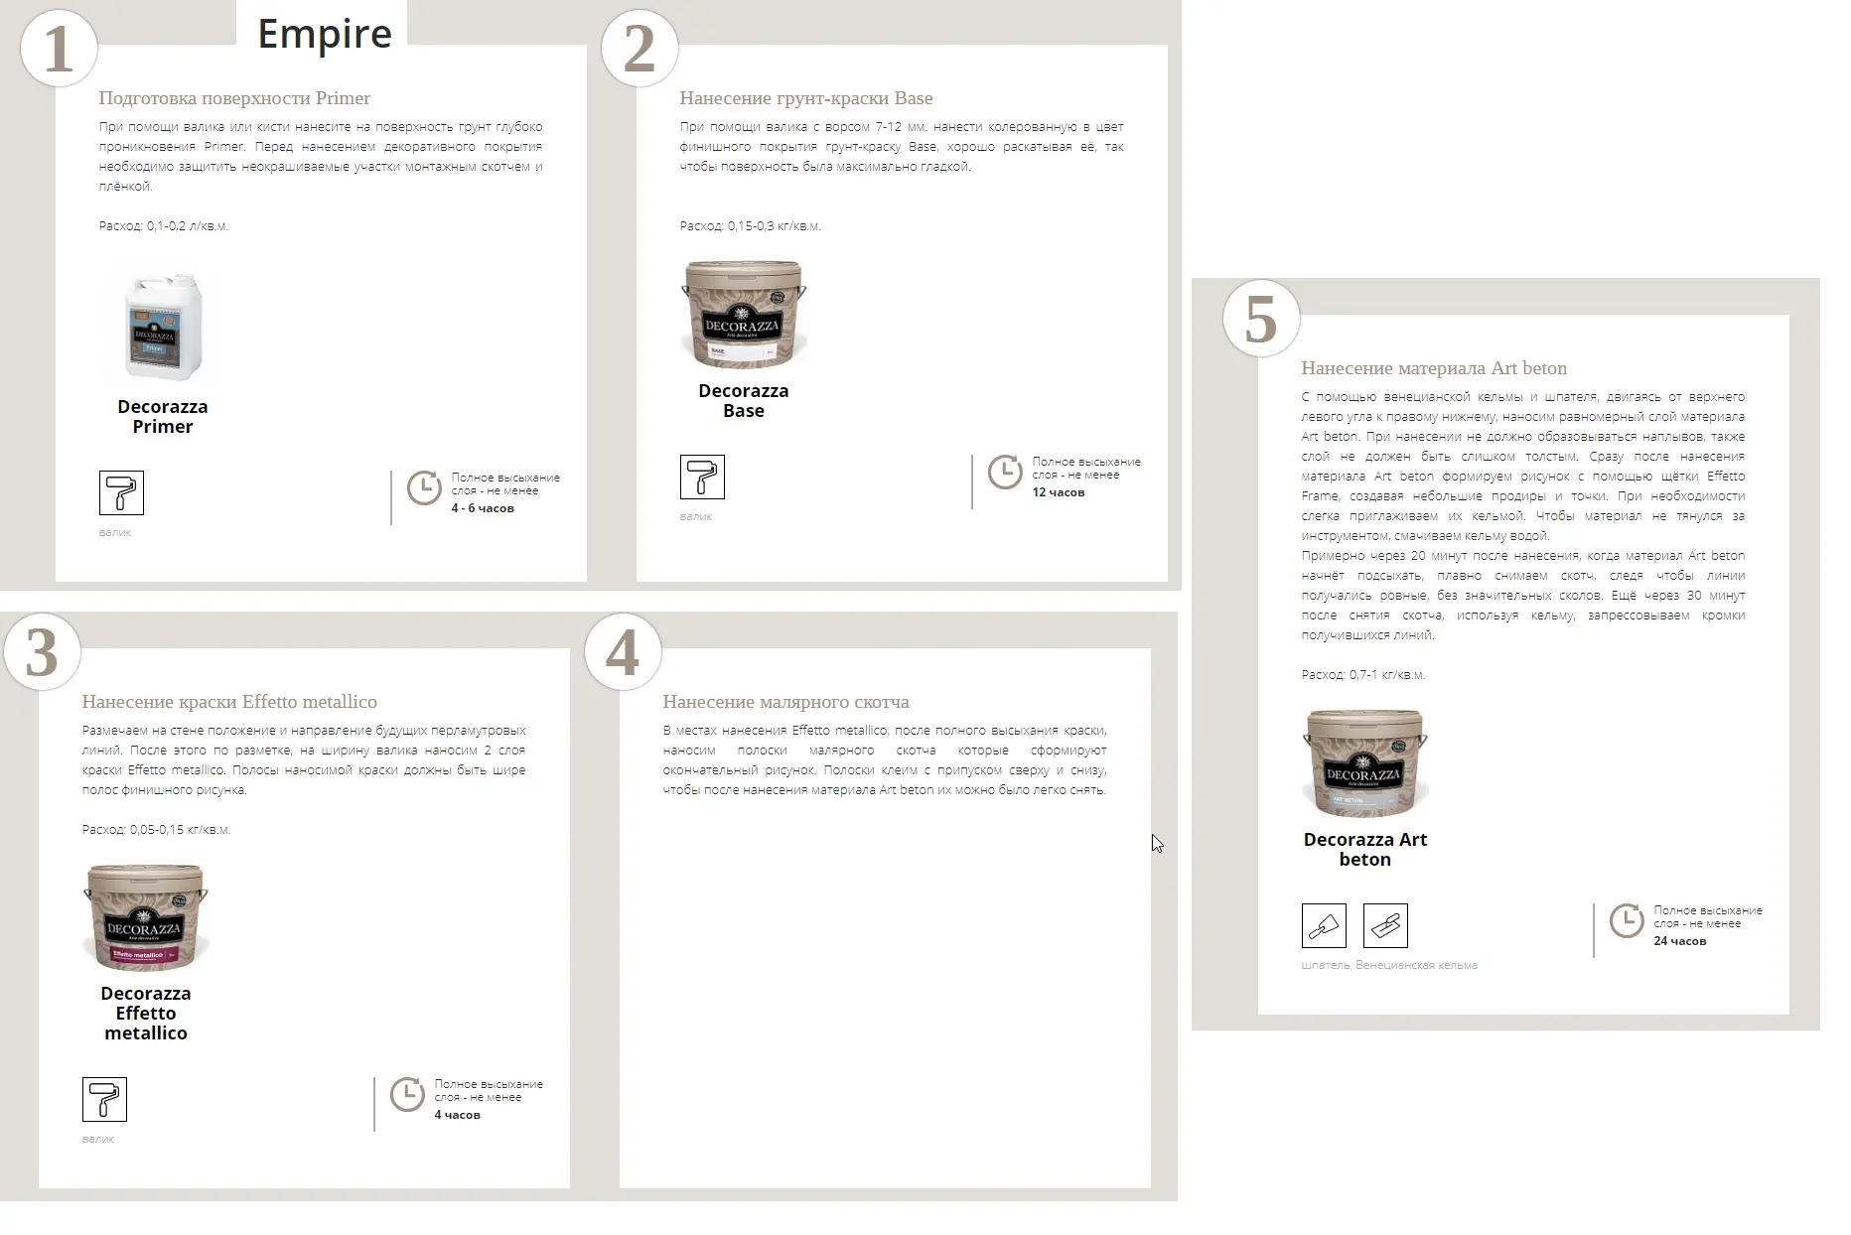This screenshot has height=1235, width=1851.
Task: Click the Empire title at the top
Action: tap(325, 34)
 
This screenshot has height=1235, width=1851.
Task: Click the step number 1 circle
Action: tap(59, 48)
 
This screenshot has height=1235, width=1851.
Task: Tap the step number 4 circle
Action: tap(623, 652)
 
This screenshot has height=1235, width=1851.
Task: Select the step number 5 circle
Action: tap(1261, 319)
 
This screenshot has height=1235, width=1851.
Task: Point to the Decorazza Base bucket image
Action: tap(744, 314)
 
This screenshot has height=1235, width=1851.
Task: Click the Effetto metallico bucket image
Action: tap(146, 916)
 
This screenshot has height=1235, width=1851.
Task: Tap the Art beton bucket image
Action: tap(1365, 762)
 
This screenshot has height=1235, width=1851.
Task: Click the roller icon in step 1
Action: tap(121, 492)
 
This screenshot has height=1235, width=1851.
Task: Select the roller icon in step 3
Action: tap(104, 1099)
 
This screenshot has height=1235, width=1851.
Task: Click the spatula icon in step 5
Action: tap(1324, 926)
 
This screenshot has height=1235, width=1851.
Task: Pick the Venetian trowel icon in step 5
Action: tap(1385, 926)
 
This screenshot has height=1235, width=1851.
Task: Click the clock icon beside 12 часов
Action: tap(1005, 472)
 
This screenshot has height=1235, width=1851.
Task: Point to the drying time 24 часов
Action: tap(1680, 941)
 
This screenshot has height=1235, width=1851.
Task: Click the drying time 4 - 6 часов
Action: tap(483, 508)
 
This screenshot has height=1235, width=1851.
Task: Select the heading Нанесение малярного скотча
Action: tap(785, 702)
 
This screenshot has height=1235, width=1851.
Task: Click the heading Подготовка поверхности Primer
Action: tap(234, 98)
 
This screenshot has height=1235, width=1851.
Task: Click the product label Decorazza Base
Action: tap(744, 401)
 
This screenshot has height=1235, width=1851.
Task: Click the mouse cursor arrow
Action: tap(1157, 844)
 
